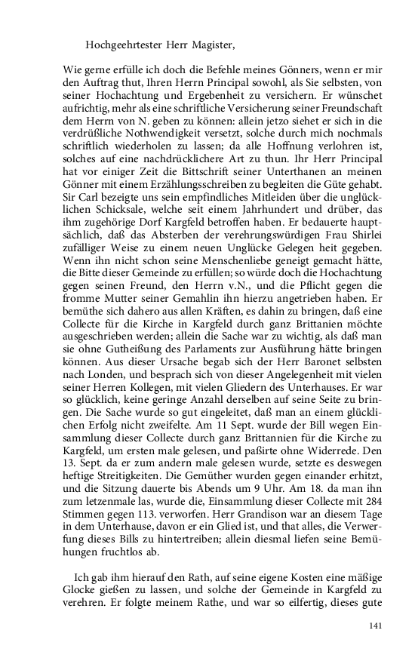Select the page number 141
(375, 626)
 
